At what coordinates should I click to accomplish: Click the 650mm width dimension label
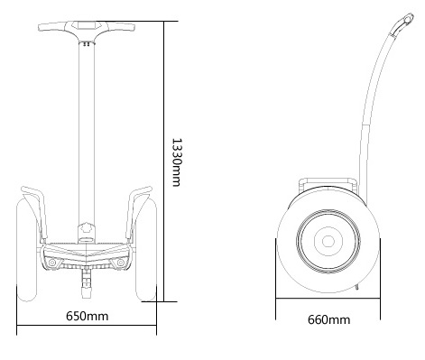88,317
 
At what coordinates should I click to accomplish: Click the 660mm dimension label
328,319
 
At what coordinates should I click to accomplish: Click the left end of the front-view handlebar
42,32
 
